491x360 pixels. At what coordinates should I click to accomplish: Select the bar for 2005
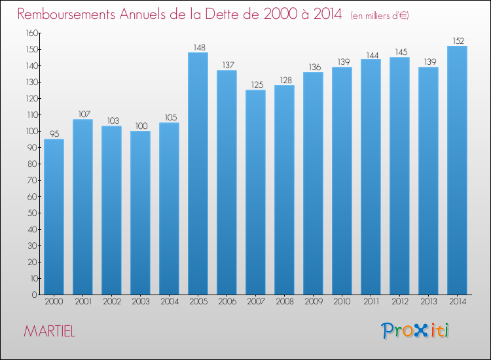pyautogui.click(x=198, y=173)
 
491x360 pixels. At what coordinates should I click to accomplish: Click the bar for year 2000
pyautogui.click(x=54, y=217)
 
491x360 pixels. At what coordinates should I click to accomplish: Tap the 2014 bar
pyautogui.click(x=457, y=170)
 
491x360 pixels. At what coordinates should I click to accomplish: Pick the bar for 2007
pyautogui.click(x=255, y=192)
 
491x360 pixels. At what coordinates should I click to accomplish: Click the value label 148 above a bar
pyautogui.click(x=199, y=48)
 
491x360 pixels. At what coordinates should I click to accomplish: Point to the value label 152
pyautogui.click(x=458, y=41)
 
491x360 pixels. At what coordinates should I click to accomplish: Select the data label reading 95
pyautogui.click(x=54, y=134)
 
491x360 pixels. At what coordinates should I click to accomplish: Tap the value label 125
pyautogui.click(x=257, y=85)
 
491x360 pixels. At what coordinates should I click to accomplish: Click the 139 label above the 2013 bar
pyautogui.click(x=430, y=62)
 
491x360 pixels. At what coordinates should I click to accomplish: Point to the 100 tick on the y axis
pyautogui.click(x=32, y=131)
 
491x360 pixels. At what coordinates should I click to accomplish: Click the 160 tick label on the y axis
pyautogui.click(x=32, y=33)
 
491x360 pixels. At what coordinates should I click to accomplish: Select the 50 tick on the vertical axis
pyautogui.click(x=33, y=213)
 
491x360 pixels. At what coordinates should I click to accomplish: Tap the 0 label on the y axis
pyautogui.click(x=35, y=295)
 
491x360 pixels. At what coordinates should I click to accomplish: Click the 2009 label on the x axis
pyautogui.click(x=314, y=302)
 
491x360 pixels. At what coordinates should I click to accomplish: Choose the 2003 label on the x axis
pyautogui.click(x=141, y=302)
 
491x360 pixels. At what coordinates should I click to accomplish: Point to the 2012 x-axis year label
pyautogui.click(x=400, y=302)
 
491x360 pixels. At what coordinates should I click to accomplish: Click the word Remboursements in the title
pyautogui.click(x=66, y=14)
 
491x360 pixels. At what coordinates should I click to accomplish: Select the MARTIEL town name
pyautogui.click(x=50, y=331)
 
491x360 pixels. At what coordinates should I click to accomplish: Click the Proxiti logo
pyautogui.click(x=415, y=331)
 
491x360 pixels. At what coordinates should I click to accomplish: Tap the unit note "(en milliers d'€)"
pyautogui.click(x=380, y=16)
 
